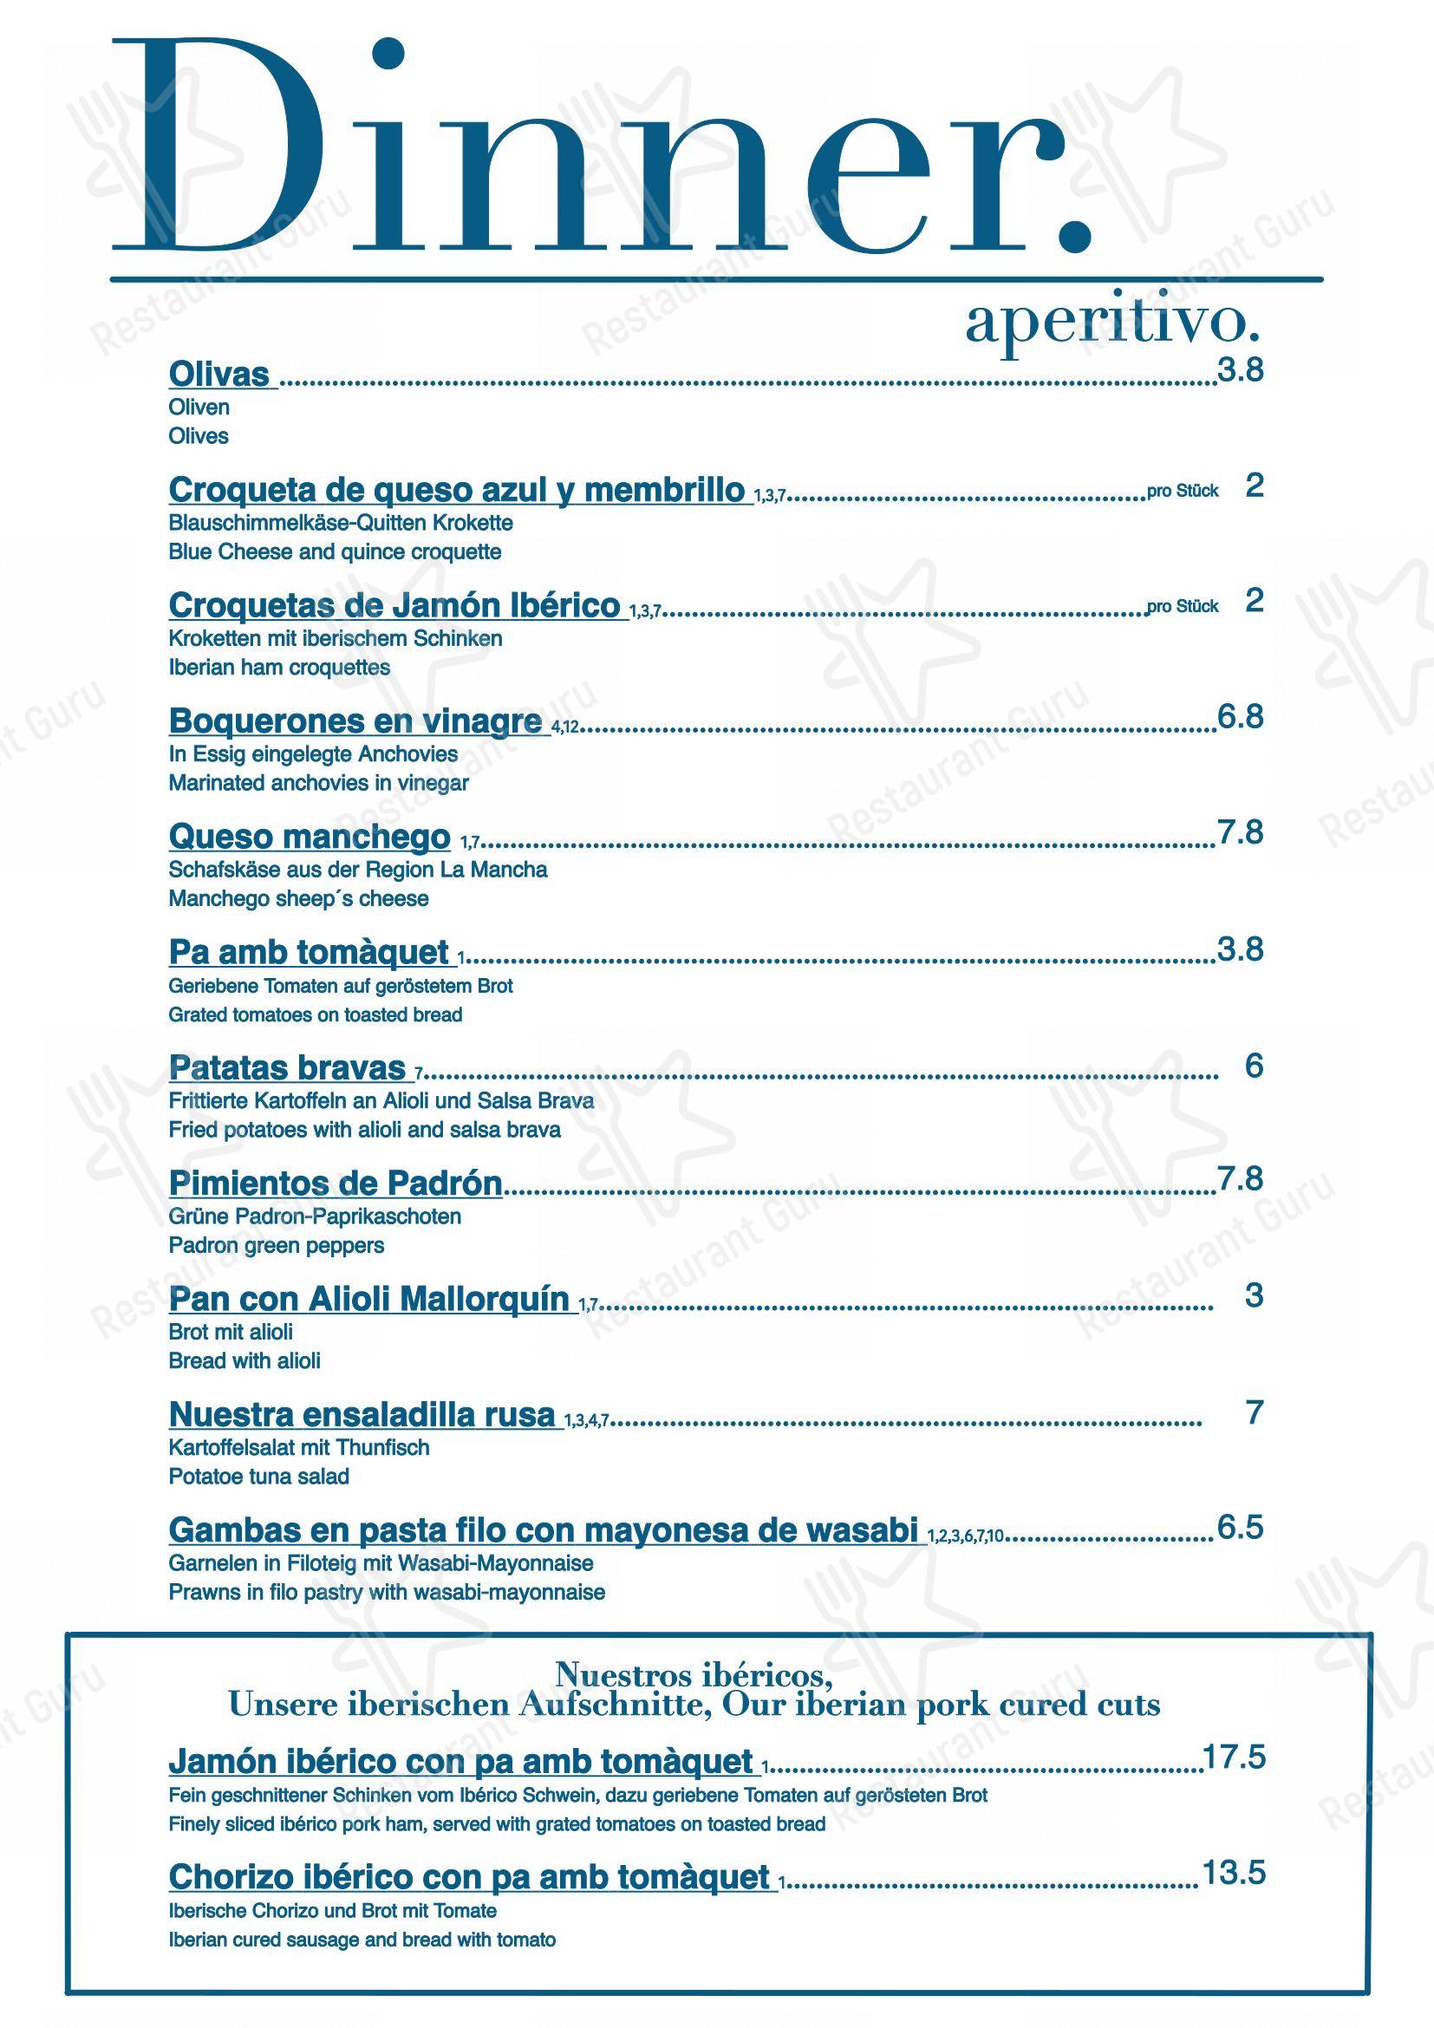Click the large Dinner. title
[x=601, y=150]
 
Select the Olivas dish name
[x=219, y=374]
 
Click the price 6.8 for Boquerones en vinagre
[x=1241, y=717]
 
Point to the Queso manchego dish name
[x=309, y=836]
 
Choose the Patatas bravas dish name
[x=287, y=1068]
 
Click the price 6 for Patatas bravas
[x=1254, y=1066]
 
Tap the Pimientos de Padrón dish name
[x=336, y=1184]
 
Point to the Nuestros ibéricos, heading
[x=694, y=1673]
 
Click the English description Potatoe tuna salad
[x=258, y=1476]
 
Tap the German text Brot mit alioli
[x=231, y=1332]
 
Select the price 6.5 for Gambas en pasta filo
[x=1241, y=1527]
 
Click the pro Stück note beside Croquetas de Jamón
[x=1183, y=607]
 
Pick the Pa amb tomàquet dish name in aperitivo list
[x=309, y=952]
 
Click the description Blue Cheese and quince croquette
[x=335, y=552]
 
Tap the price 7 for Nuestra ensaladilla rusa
[x=1254, y=1412]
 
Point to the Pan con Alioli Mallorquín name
[x=369, y=1300]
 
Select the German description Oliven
[x=199, y=408]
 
